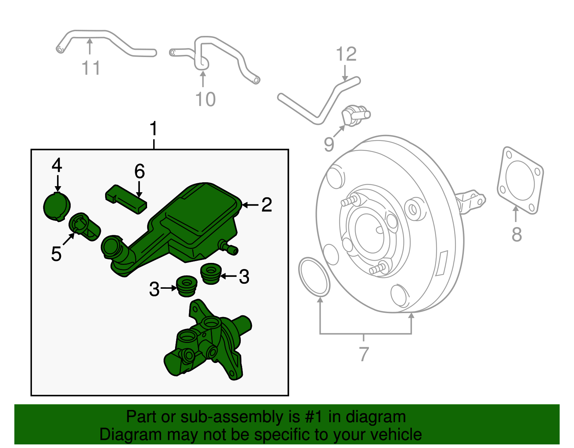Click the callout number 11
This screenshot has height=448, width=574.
click(91, 68)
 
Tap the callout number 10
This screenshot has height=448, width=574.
click(205, 99)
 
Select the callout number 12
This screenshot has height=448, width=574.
click(346, 54)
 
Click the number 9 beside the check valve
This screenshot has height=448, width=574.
click(329, 144)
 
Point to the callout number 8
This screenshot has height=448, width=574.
click(516, 235)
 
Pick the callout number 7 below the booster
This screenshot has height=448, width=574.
click(364, 354)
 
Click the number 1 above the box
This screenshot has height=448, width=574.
click(154, 129)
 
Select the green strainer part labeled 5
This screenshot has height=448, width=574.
click(84, 226)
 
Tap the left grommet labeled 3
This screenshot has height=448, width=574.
click(187, 286)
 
